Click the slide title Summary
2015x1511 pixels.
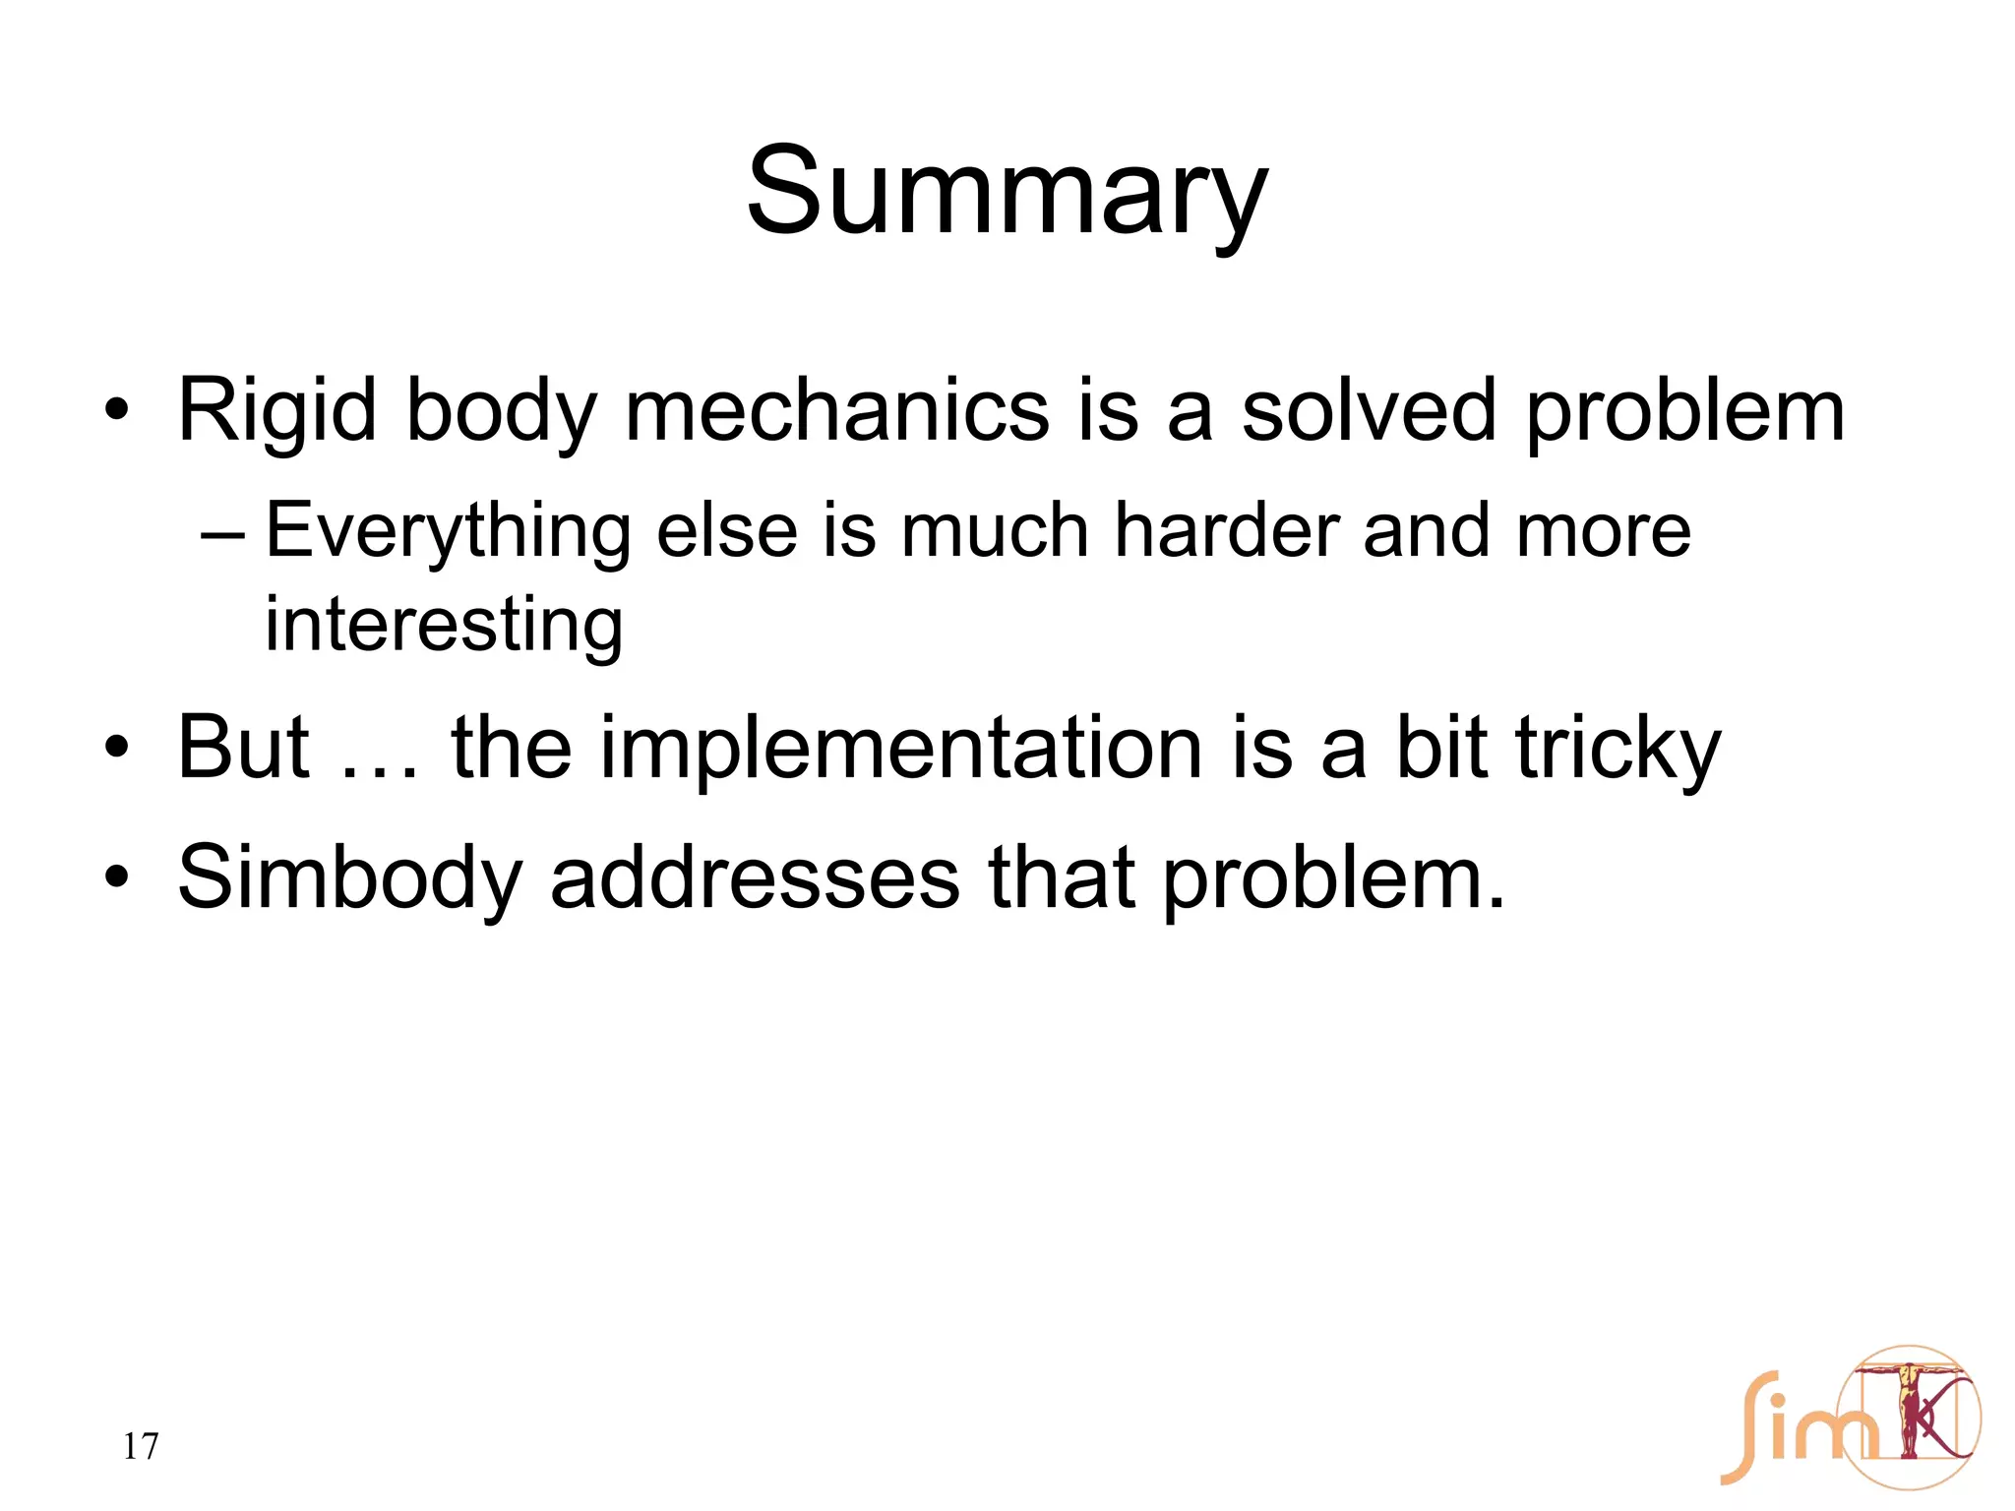coord(1007,192)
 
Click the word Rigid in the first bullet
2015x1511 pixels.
coord(276,411)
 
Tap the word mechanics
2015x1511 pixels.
coord(836,411)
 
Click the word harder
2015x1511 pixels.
coord(1226,531)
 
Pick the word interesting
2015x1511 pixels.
coord(444,625)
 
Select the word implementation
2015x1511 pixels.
coord(900,750)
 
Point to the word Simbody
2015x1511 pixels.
coord(349,878)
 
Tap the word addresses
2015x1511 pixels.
coord(755,878)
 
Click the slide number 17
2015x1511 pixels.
coord(141,1446)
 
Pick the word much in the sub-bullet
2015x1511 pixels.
coord(993,531)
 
